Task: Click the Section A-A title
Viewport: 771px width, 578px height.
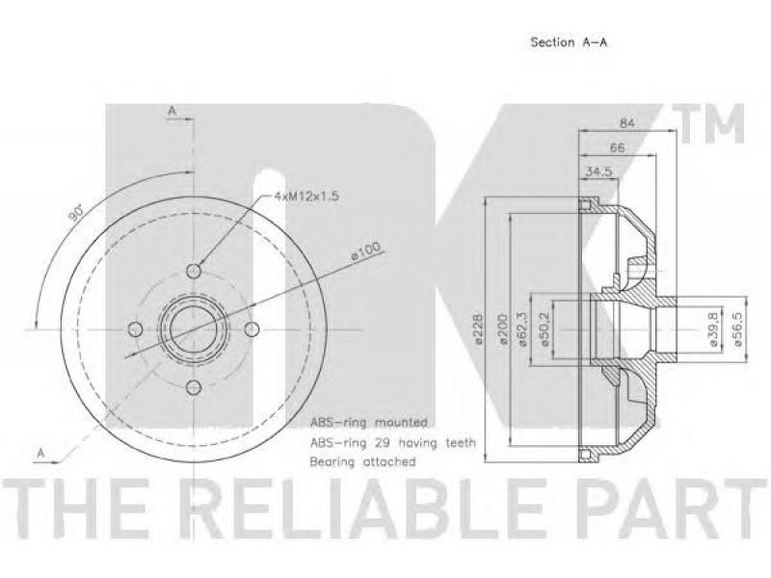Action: coord(569,42)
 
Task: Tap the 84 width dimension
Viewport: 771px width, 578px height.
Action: coord(626,123)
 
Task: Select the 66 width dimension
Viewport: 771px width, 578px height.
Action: coord(617,147)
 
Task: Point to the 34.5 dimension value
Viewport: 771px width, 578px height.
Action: coord(598,171)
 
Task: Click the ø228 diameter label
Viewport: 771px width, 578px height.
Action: coord(477,329)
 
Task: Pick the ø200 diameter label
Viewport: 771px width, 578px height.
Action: coord(502,329)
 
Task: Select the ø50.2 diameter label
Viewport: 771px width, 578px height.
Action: coord(545,329)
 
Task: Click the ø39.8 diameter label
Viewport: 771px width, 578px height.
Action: coord(715,329)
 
